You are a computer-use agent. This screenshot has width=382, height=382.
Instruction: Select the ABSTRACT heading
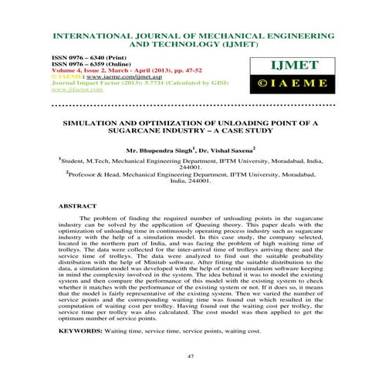click(78, 207)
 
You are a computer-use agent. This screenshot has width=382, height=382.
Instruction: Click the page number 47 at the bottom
click(191, 357)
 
